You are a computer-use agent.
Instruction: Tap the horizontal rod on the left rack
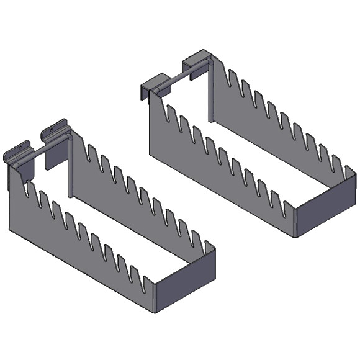coord(47,150)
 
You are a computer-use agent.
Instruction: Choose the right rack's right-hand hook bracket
coord(193,65)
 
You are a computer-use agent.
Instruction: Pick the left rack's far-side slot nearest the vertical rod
coord(91,153)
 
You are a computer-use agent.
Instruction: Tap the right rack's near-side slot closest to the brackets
coord(168,110)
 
